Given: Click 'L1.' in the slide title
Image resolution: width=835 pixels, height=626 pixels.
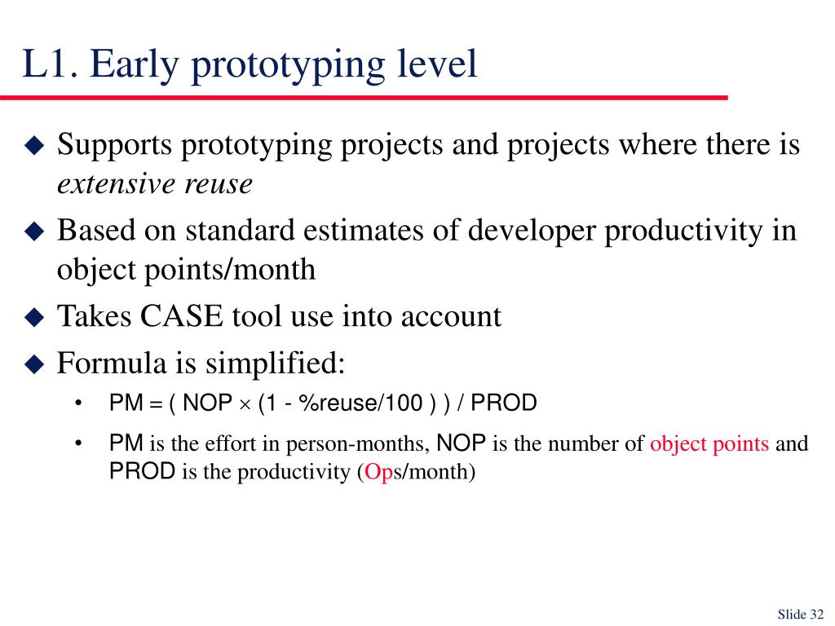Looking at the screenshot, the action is (x=51, y=64).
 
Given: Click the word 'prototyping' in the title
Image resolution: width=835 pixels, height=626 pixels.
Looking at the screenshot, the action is (x=288, y=66).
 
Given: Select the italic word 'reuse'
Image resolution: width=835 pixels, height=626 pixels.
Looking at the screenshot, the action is (x=219, y=185).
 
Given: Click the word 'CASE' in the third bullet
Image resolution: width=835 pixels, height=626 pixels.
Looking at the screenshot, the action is (x=181, y=316).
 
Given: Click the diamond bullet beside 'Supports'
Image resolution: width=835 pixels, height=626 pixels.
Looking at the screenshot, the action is (x=34, y=145).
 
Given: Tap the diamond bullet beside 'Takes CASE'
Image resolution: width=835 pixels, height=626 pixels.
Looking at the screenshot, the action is (x=34, y=317).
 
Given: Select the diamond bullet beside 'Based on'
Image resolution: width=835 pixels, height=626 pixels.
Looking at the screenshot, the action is (x=34, y=231).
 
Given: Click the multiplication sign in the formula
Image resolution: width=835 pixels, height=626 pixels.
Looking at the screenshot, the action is (x=245, y=404).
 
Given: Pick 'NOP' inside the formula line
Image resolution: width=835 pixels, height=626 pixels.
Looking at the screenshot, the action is (x=207, y=403).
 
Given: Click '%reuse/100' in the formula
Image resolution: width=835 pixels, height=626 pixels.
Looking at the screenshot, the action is (x=360, y=403).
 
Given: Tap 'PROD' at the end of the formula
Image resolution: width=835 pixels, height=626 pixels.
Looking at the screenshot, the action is (x=504, y=403).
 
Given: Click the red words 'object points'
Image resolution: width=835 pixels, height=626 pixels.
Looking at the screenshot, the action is (x=709, y=444).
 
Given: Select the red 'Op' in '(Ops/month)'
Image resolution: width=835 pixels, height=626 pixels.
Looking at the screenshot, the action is (x=378, y=473).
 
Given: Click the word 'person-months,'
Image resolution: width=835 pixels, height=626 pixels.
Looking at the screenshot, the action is (x=358, y=444).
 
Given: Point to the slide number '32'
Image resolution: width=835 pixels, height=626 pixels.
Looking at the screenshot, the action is (x=817, y=615).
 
